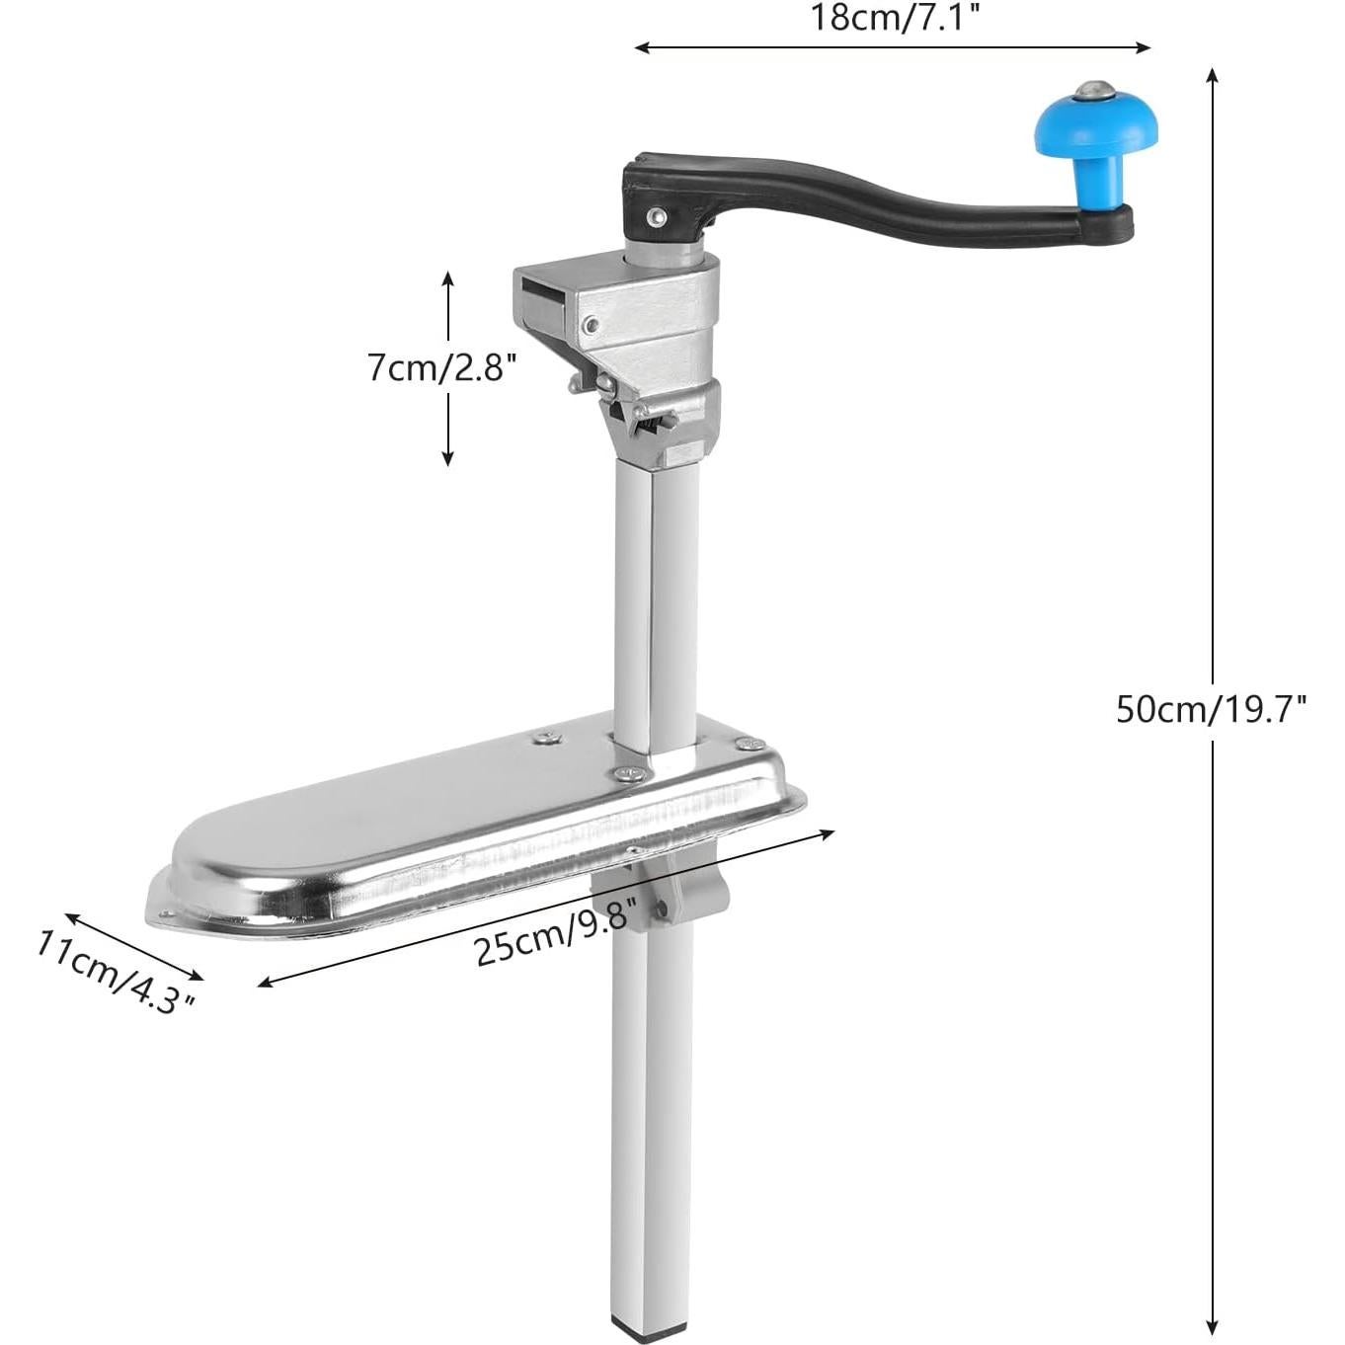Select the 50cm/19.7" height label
click(1212, 708)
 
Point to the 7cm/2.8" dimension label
click(442, 367)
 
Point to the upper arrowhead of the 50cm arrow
click(1213, 73)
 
